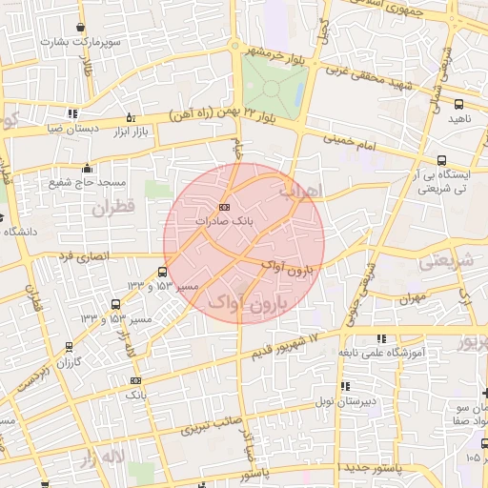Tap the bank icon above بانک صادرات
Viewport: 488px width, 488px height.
224,207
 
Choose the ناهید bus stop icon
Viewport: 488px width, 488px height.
459,104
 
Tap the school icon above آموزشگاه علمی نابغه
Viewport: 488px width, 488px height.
382,337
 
